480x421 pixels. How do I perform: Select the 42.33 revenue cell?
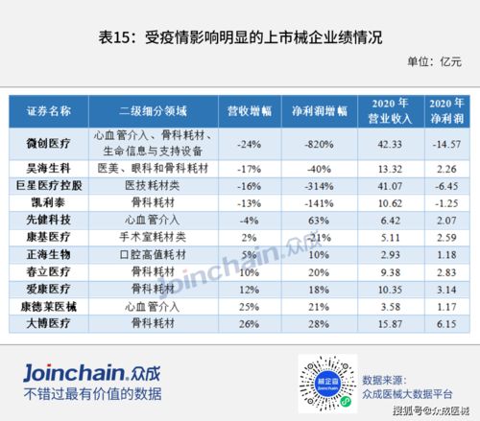[390, 144]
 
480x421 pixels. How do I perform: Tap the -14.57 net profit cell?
[446, 144]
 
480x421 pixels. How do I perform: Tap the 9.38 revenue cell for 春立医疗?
[390, 271]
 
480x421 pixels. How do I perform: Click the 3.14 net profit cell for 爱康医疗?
[446, 289]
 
